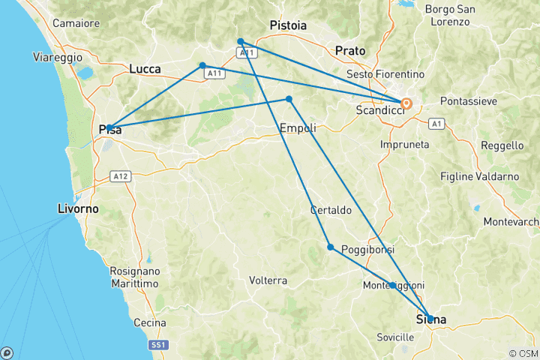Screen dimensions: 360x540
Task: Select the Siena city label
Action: (431, 320)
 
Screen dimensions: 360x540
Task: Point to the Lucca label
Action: (145, 69)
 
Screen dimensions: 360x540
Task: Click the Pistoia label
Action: (288, 25)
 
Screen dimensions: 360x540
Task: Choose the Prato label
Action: (350, 51)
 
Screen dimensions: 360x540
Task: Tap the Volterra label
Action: (268, 280)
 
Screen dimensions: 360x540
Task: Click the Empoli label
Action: (298, 128)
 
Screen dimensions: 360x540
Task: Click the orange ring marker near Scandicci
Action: (406, 103)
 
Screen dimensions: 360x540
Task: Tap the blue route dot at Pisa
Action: (109, 127)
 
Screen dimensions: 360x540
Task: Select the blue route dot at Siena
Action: (430, 318)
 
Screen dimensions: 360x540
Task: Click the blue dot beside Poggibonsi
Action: (330, 247)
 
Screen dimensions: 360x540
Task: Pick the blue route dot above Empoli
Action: (289, 99)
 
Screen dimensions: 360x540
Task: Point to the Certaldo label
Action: (331, 211)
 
